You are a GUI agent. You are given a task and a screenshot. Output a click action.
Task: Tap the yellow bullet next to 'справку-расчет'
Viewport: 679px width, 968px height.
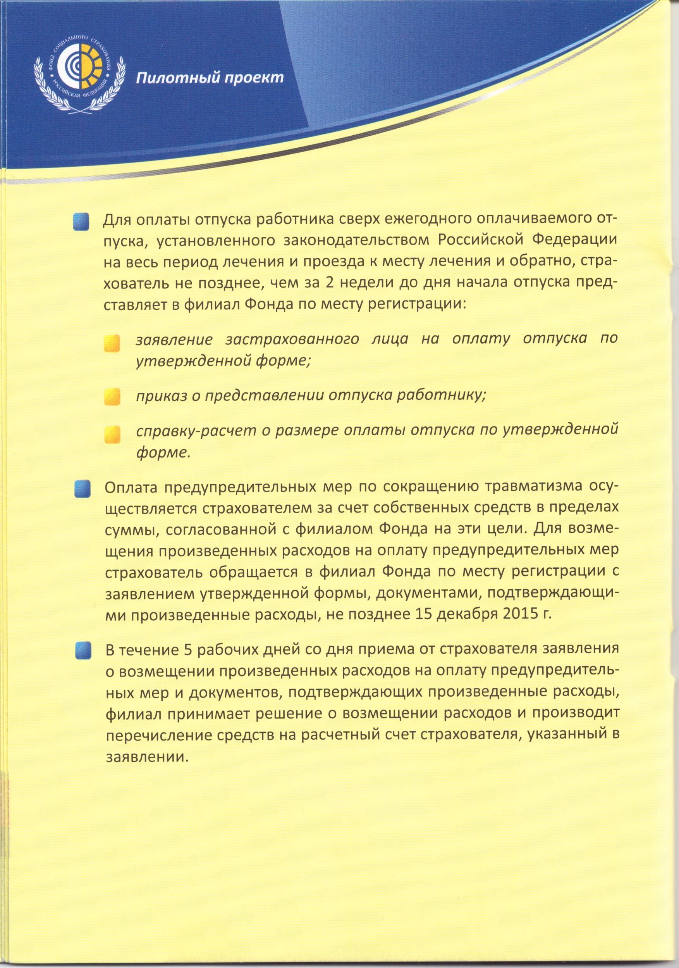pos(112,435)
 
